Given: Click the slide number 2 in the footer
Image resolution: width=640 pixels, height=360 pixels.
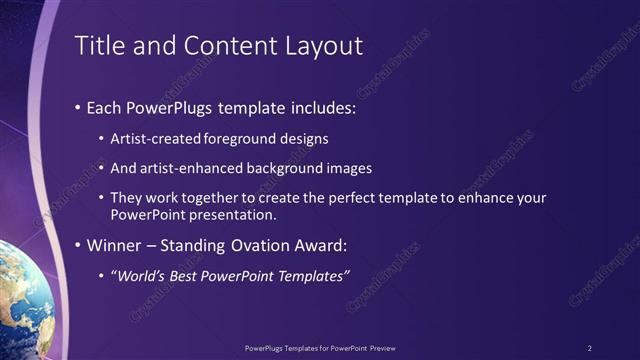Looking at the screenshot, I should pos(589,348).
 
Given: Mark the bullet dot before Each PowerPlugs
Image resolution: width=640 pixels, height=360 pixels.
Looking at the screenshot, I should pos(78,107).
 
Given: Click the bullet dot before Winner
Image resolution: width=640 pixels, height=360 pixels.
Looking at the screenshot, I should pos(78,246).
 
